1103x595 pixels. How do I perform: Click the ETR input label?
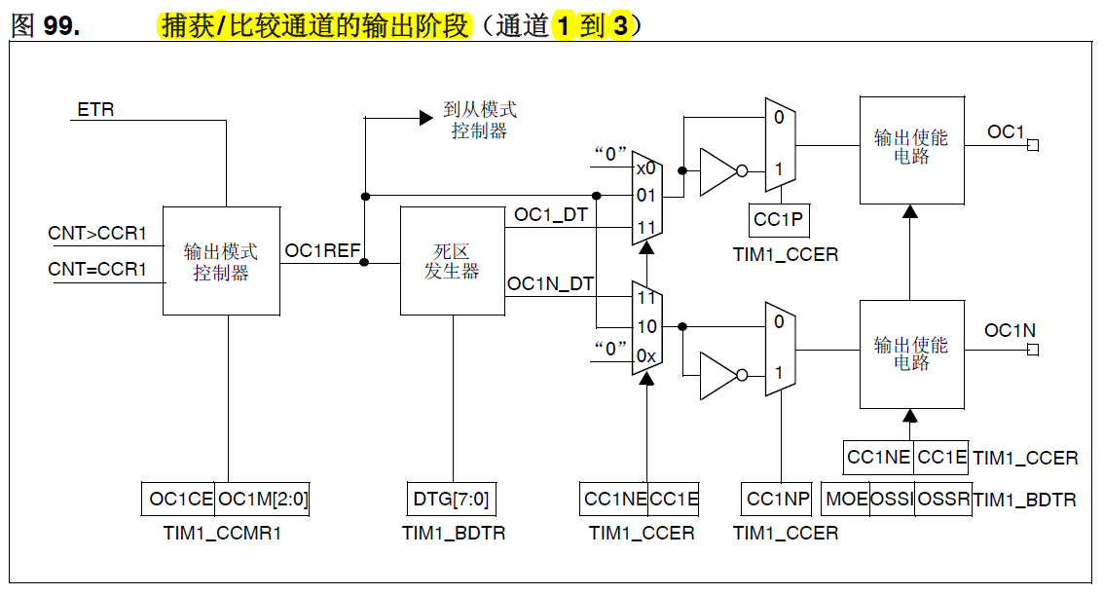95,109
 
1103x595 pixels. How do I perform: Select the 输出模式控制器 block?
221,261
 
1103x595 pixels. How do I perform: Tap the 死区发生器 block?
452,261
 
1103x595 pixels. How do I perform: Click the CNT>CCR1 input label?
97,234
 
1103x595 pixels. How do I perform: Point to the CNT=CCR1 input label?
97,270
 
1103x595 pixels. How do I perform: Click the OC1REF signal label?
322,251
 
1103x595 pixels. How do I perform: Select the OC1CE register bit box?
180,500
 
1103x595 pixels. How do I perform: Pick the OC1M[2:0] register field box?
263,500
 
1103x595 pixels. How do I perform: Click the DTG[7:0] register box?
451,500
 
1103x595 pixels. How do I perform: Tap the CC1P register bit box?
779,220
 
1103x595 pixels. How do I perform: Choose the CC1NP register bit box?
778,500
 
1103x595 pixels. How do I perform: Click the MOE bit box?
846,500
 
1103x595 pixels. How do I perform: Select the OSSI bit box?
892,500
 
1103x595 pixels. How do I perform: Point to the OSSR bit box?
943,500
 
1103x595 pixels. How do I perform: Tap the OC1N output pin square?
1033,349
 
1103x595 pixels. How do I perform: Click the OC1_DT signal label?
550,214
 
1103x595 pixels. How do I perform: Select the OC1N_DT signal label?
550,284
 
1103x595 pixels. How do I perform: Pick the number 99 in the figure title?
60,26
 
